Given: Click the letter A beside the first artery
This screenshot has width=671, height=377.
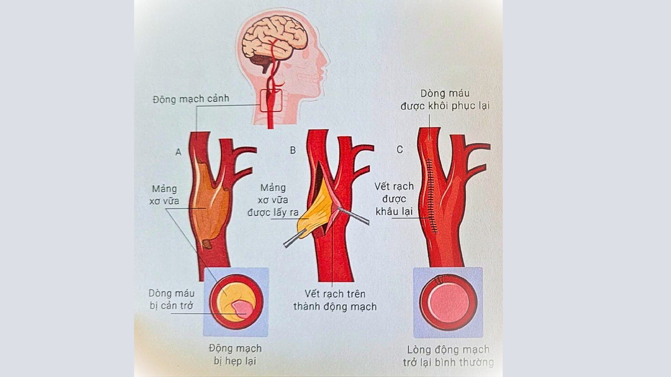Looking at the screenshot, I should (179, 152).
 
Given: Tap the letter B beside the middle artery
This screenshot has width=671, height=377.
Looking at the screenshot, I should (293, 150).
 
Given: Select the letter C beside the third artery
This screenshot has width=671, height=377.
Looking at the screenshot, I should (400, 150).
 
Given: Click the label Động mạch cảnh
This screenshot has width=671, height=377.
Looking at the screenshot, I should (191, 99).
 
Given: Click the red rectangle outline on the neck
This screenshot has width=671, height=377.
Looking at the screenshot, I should (271, 101).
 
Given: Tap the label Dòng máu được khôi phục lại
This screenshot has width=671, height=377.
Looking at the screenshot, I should (445, 99).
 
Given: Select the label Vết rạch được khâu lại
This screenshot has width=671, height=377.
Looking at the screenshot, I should (394, 199).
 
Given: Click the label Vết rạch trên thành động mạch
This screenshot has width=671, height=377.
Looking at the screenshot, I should (335, 300).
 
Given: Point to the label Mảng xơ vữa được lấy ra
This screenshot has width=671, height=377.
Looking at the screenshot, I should (273, 200).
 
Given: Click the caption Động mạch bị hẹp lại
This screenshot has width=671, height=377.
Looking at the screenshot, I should (235, 354).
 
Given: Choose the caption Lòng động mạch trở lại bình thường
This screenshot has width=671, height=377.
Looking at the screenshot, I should (448, 356).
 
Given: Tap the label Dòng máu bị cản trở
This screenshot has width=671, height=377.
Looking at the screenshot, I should (171, 300).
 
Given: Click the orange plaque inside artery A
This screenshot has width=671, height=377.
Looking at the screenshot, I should (208, 209).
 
